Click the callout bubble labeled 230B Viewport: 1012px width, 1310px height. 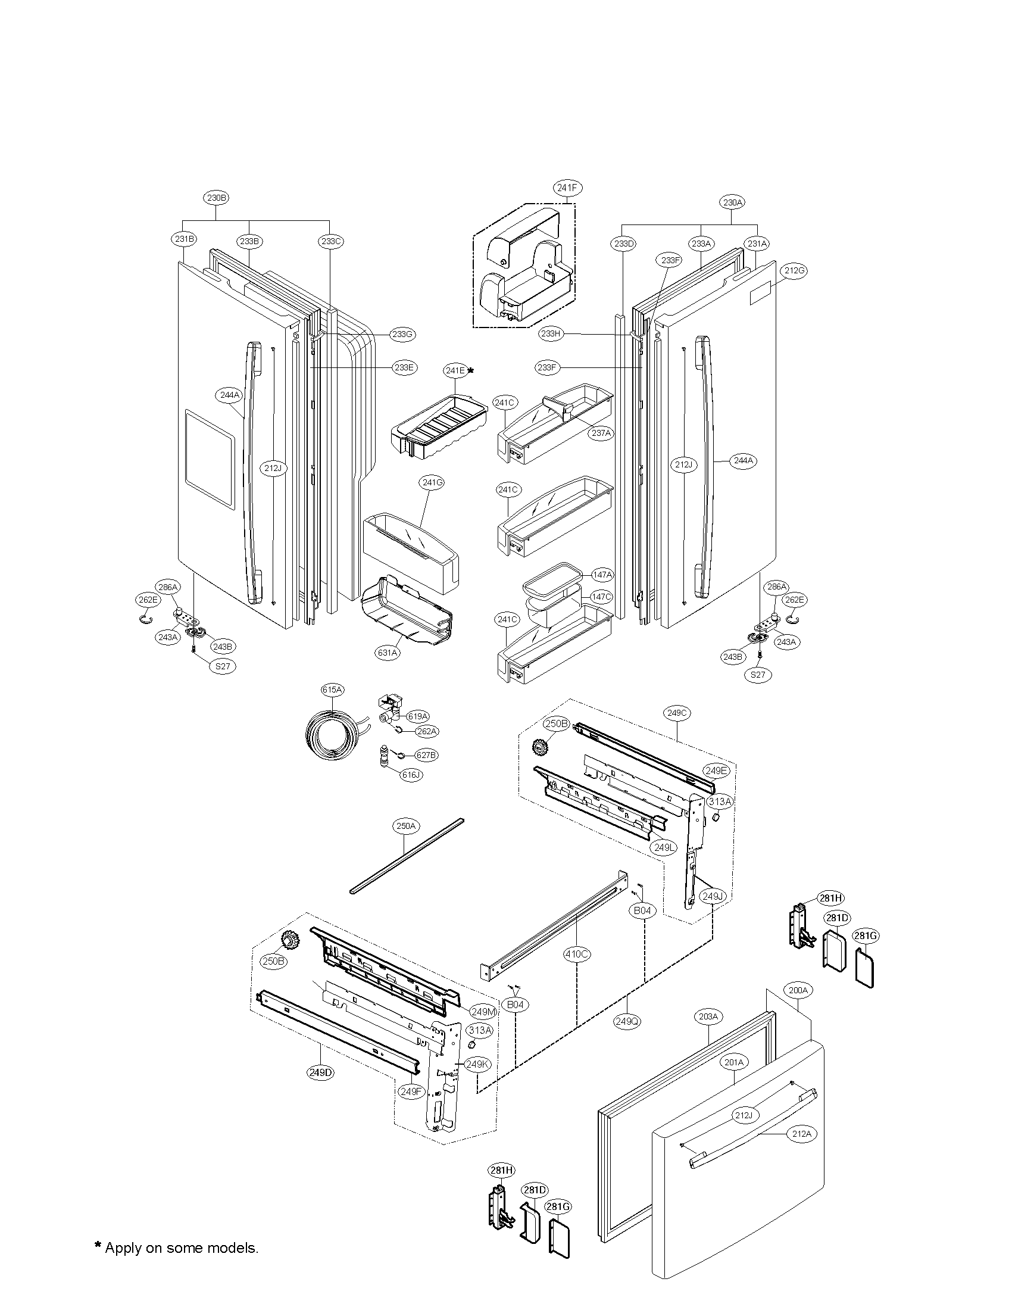pos(217,197)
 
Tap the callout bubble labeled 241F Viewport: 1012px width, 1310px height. pos(567,188)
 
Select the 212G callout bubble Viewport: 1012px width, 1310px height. pos(794,270)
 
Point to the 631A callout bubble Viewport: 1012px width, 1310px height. pos(388,653)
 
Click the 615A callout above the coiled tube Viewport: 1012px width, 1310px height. pos(332,690)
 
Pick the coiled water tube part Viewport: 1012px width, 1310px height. pos(332,735)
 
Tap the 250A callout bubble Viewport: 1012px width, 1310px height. pos(405,826)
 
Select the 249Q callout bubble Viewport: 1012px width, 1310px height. pos(626,1020)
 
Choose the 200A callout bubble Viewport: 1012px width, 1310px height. pos(798,990)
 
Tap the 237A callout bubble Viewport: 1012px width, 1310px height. pos(601,433)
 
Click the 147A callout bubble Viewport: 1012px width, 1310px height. pos(601,575)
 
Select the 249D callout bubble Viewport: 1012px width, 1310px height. pos(320,1073)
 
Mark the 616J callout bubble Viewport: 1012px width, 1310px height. pos(413,774)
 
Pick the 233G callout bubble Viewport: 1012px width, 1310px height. pos(402,334)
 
